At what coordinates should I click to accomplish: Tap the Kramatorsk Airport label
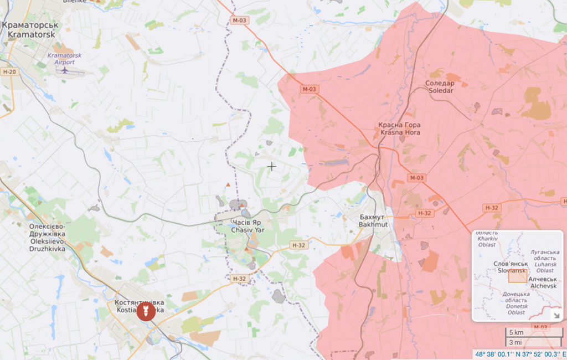click(61, 59)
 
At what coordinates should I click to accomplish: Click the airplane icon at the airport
click(65, 70)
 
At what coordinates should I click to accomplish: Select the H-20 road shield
click(9, 72)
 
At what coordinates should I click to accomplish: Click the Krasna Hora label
click(399, 128)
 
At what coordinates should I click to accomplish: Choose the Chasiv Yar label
click(245, 226)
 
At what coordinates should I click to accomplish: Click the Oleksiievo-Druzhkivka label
click(47, 238)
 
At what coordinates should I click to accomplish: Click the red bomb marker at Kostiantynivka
click(146, 311)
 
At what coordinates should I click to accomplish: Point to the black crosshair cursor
click(271, 166)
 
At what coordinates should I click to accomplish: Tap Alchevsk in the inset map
click(544, 282)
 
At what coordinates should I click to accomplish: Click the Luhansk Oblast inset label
click(544, 261)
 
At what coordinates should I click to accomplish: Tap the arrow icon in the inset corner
click(556, 316)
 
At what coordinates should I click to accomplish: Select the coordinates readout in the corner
click(519, 354)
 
